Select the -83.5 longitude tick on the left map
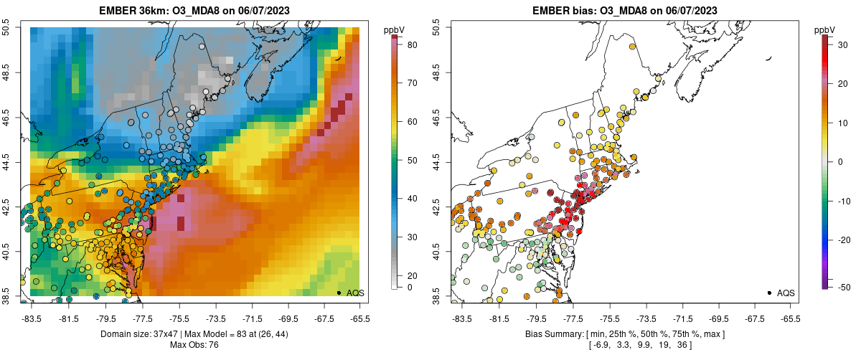point(31,318)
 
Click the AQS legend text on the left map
point(355,293)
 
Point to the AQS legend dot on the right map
point(769,293)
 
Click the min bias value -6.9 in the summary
point(601,345)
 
